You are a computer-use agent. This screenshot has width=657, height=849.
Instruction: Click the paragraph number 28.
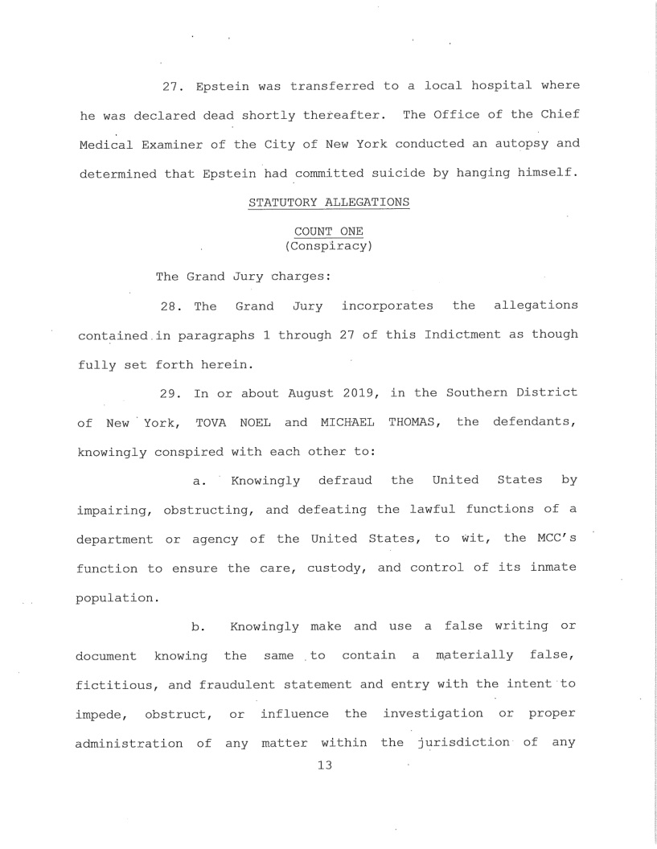coord(169,306)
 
